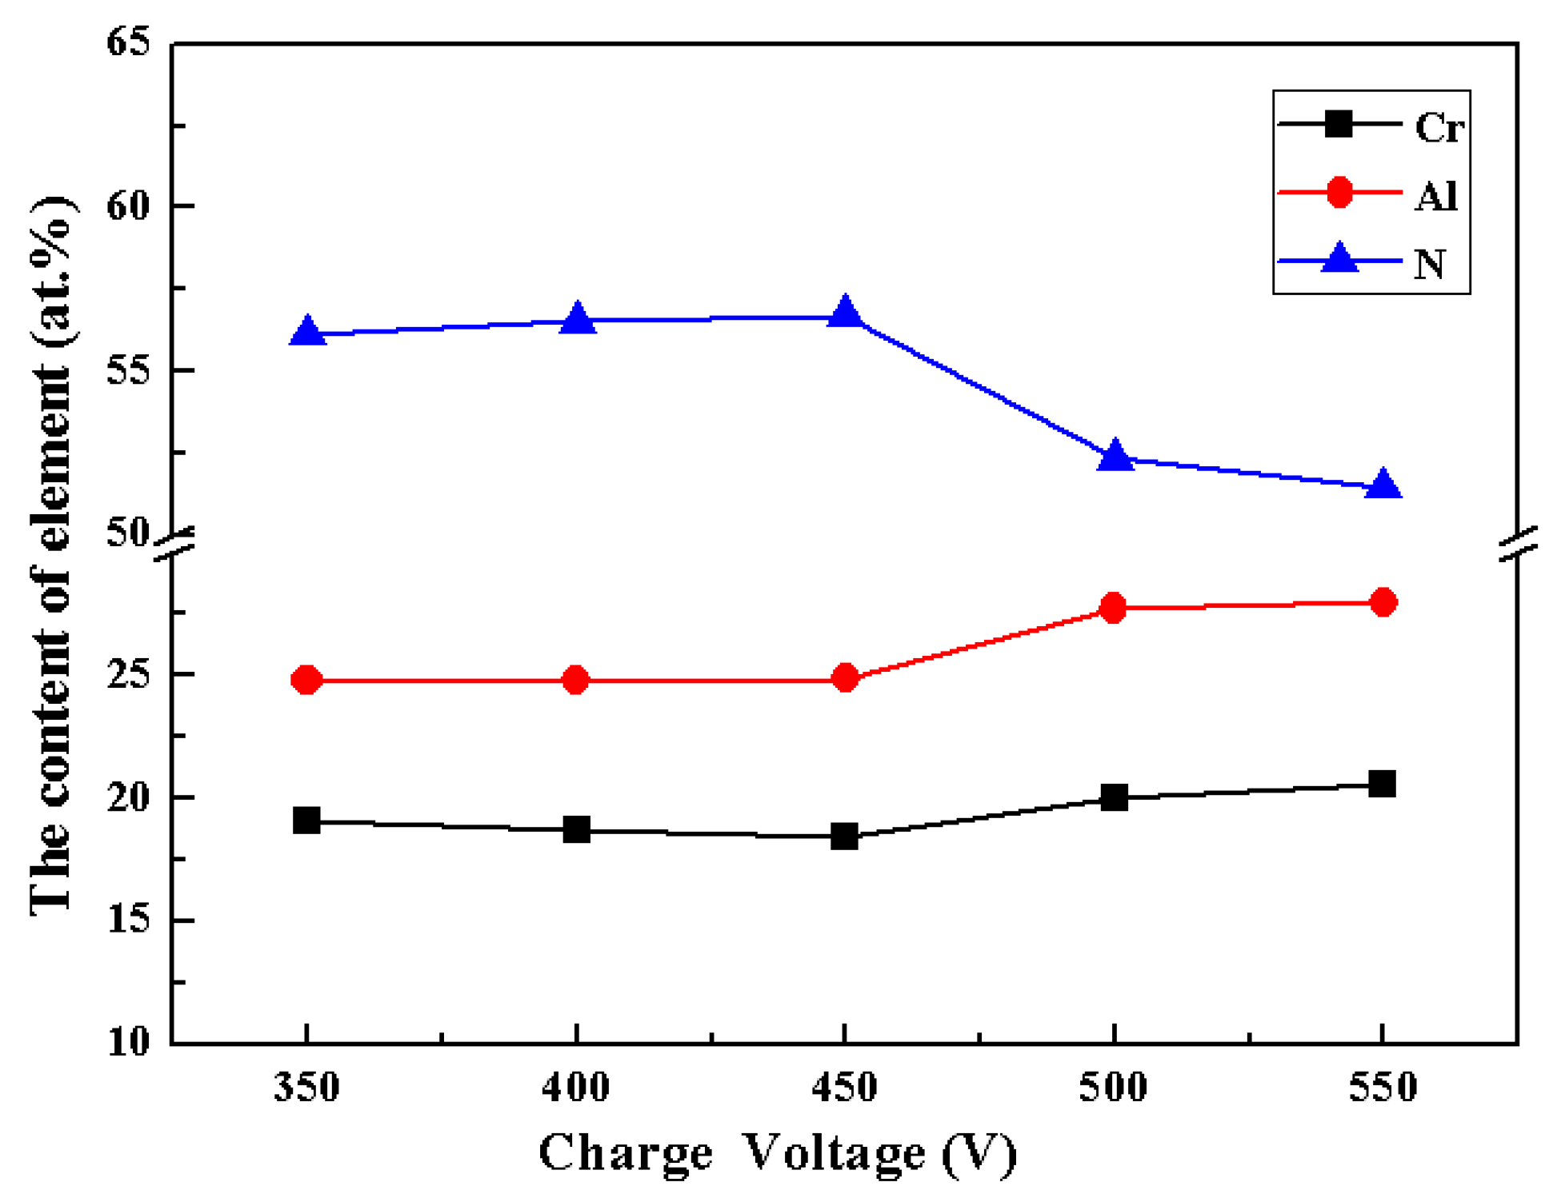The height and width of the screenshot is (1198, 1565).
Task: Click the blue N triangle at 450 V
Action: [845, 312]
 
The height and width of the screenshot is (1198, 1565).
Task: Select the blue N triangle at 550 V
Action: [1383, 485]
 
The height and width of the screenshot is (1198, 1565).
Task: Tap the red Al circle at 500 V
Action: [1113, 608]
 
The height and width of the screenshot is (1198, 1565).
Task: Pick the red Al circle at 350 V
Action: [306, 680]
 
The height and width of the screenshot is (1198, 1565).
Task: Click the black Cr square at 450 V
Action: [844, 837]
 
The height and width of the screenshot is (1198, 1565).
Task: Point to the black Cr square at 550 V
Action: [1382, 784]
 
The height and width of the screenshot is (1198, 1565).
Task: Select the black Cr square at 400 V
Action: [576, 829]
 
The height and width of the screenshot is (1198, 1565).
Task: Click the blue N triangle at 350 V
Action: [307, 330]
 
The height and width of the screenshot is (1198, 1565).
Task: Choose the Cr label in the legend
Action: [1439, 126]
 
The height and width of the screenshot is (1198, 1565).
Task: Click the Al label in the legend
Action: [1435, 195]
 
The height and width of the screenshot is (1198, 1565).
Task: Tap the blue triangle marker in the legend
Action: [1339, 259]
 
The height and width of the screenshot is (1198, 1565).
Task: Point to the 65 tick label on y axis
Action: [129, 42]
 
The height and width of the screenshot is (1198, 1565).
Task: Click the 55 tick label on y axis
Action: [129, 370]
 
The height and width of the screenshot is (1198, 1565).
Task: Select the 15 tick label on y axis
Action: [129, 920]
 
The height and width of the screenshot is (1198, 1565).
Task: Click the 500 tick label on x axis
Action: [1113, 1088]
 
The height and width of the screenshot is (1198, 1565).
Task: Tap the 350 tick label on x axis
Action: [306, 1088]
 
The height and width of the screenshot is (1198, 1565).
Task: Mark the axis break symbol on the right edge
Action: [1518, 544]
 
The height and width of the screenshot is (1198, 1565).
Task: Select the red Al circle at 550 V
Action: [1383, 602]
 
